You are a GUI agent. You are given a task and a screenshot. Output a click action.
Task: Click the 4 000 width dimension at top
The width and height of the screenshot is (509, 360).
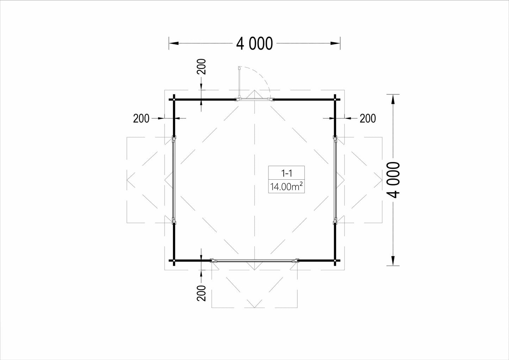[x=254, y=43]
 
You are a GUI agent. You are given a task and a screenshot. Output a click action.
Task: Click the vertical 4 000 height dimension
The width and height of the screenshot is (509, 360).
[x=393, y=180]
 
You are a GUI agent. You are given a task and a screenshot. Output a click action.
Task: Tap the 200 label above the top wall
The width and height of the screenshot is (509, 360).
[x=201, y=67]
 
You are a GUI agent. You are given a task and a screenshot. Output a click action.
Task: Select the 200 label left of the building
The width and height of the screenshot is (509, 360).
[x=141, y=118]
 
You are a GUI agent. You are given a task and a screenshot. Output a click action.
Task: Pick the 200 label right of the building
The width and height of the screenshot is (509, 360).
[x=368, y=118]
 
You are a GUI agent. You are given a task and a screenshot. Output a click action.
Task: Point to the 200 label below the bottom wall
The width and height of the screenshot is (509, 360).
[x=201, y=293]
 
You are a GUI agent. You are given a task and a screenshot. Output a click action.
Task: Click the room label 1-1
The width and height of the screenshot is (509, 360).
[x=286, y=173]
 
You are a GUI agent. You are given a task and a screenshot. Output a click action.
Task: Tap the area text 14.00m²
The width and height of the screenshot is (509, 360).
[x=286, y=187]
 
